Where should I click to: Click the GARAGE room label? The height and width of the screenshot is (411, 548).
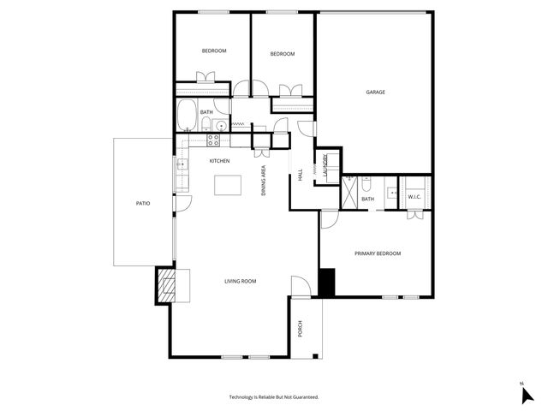click(x=375, y=92)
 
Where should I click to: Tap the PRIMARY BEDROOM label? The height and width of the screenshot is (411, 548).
click(x=378, y=253)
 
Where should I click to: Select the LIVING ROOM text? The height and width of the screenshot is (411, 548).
click(x=241, y=281)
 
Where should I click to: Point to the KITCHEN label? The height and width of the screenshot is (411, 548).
click(x=220, y=161)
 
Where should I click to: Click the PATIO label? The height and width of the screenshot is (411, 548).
click(x=143, y=203)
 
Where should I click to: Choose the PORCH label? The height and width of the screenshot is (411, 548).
click(x=301, y=328)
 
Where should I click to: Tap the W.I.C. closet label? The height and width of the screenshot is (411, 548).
click(x=414, y=198)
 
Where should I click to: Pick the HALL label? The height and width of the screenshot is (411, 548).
click(x=301, y=176)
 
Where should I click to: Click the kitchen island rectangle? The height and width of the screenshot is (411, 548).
click(x=228, y=185)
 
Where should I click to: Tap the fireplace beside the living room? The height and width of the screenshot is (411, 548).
click(x=164, y=285)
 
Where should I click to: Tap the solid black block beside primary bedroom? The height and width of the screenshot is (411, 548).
click(x=325, y=282)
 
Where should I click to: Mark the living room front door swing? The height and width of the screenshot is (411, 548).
click(x=300, y=286)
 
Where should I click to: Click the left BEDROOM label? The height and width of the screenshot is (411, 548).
click(x=214, y=51)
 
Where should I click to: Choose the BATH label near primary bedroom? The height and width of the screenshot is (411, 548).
click(x=368, y=200)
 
